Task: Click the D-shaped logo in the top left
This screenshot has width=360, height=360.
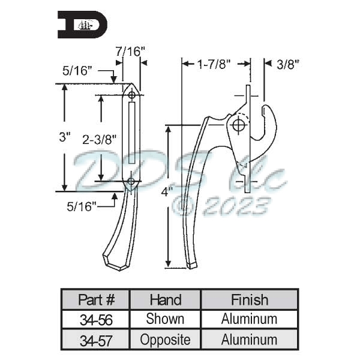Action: (83, 25)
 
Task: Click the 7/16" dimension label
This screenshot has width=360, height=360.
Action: (131, 52)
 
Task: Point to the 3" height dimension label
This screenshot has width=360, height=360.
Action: (64, 137)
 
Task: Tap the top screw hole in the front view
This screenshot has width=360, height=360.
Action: (131, 94)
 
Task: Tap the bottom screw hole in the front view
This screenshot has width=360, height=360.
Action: (131, 181)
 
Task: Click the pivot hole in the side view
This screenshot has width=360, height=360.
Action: (239, 125)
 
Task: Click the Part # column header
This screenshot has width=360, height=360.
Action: (95, 299)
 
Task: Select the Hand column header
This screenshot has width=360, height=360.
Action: (165, 299)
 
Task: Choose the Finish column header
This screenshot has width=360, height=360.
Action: (249, 299)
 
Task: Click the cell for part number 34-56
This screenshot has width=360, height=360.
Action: (95, 319)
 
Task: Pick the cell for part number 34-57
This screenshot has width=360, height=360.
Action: (95, 340)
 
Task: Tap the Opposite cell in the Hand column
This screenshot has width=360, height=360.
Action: (165, 340)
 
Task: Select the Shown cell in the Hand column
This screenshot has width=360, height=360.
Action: (165, 319)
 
